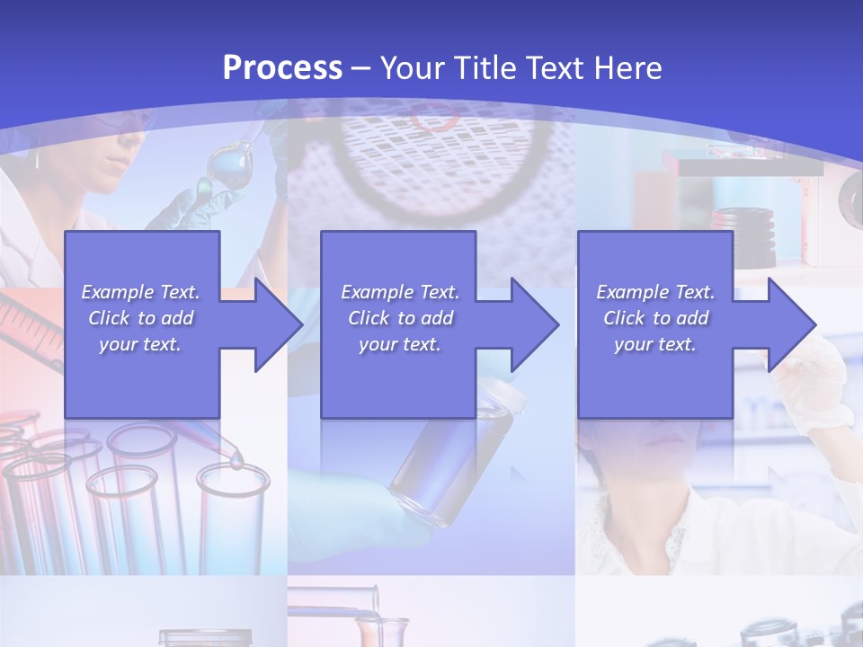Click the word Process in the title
(282, 68)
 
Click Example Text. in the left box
(140, 292)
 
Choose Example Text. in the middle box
(400, 292)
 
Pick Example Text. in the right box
(655, 292)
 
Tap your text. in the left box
(140, 344)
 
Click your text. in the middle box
(400, 344)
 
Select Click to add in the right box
(655, 318)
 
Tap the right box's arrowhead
(795, 324)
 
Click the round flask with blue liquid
(224, 169)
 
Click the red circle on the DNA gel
(436, 117)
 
